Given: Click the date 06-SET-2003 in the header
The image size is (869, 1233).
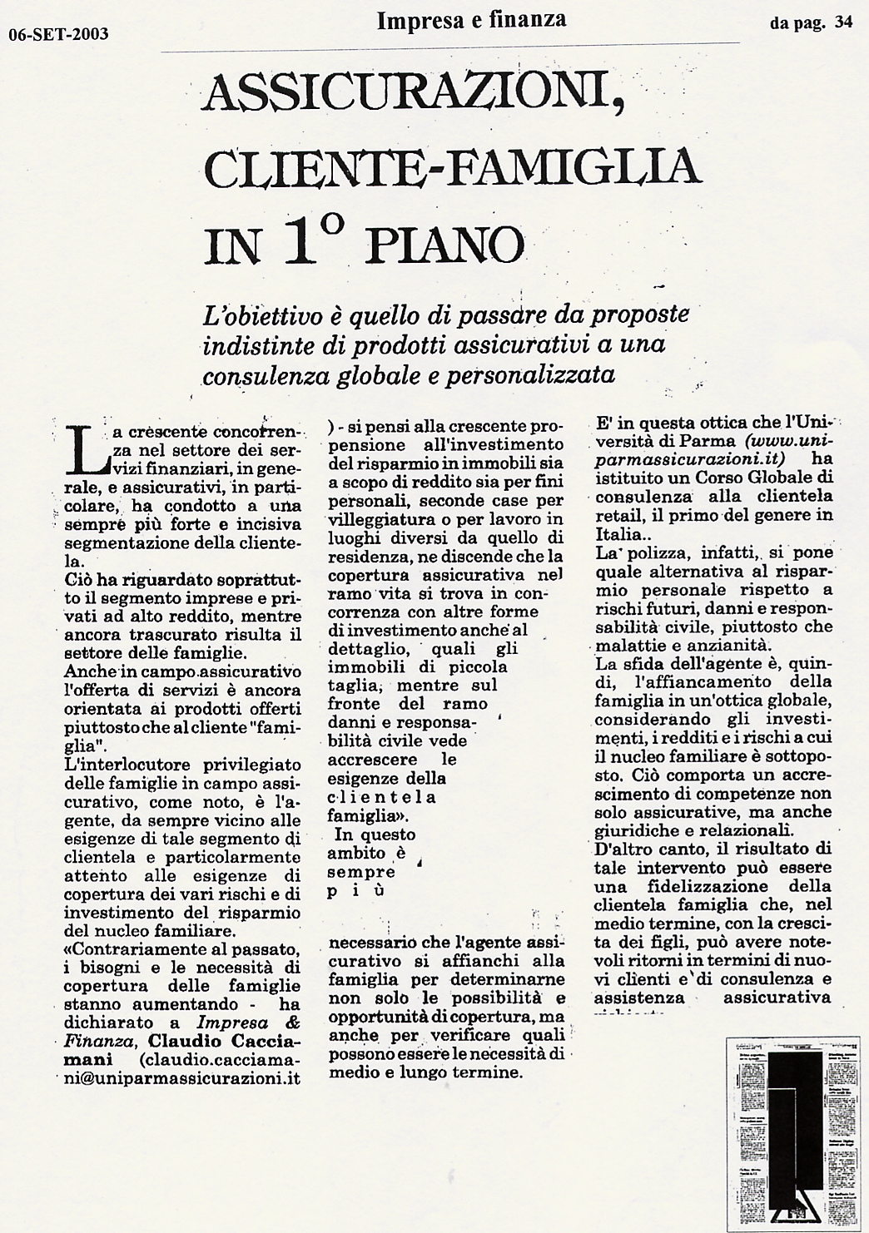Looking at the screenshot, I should [59, 34].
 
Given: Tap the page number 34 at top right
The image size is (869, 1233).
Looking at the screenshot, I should [843, 23].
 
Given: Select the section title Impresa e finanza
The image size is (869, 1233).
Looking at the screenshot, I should [471, 19].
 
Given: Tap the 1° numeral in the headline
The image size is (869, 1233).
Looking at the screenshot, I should [316, 241].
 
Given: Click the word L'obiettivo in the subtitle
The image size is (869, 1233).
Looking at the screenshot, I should [253, 316].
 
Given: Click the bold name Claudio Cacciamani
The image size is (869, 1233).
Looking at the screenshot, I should [225, 1041].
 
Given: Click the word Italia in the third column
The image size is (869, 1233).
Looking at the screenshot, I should [621, 532].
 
